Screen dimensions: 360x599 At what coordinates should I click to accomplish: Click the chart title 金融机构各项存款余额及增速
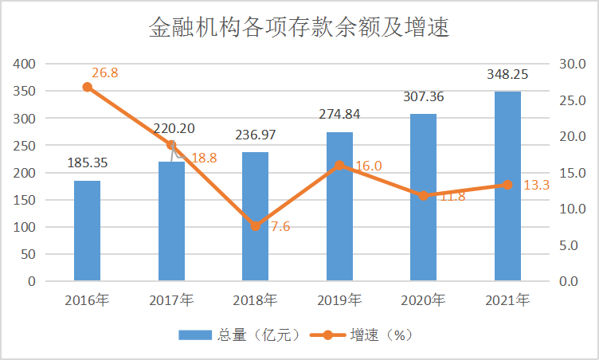click(299, 29)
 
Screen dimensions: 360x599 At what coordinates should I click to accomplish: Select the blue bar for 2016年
click(88, 231)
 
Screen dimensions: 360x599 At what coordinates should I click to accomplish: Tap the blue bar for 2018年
click(255, 217)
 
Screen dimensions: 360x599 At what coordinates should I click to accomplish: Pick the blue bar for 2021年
click(507, 186)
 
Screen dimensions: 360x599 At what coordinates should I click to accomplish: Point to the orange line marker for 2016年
click(88, 87)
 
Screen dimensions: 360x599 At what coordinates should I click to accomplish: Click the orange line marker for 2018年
click(255, 226)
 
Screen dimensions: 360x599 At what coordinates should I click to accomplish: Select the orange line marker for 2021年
click(507, 185)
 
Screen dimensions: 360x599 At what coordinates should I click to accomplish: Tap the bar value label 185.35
click(88, 163)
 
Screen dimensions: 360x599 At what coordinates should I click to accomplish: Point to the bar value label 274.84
click(339, 114)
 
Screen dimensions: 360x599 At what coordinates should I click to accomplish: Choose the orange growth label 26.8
click(104, 72)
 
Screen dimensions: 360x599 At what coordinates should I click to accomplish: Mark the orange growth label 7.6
click(280, 226)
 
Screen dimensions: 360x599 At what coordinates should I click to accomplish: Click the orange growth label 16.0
click(368, 166)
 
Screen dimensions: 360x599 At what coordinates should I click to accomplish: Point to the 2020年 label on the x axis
click(423, 300)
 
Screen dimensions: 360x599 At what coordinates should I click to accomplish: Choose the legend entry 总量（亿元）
click(238, 335)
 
